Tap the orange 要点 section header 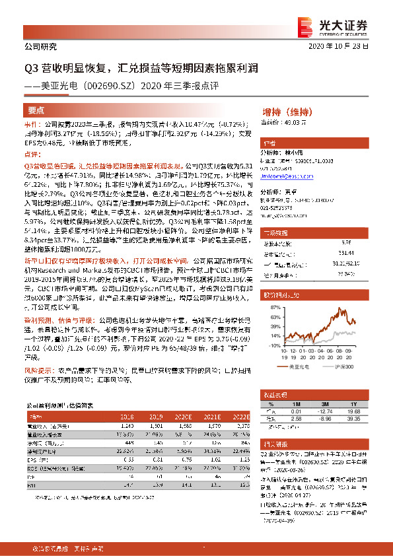click(x=36, y=110)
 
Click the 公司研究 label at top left click(x=40, y=47)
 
